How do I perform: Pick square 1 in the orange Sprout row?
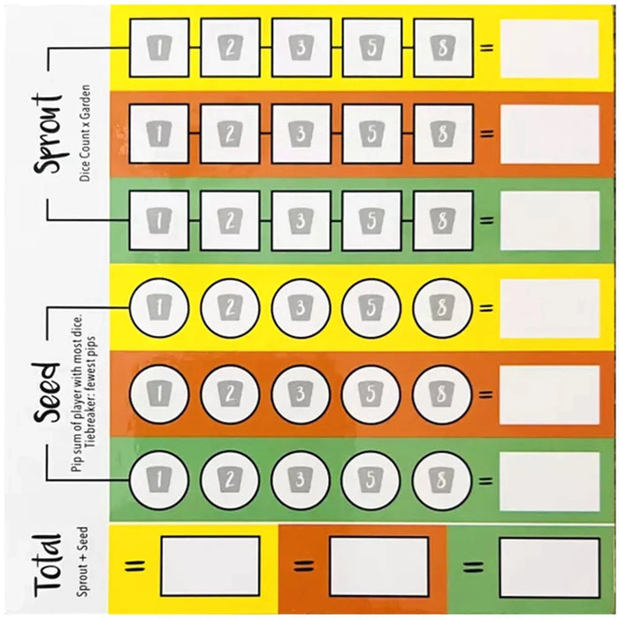coord(159,134)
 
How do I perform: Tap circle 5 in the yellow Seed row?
coord(371,309)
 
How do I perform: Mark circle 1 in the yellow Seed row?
coord(159,309)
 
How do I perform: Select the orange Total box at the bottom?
coord(378,565)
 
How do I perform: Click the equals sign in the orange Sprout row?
coord(485,134)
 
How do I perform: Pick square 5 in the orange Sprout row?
coord(371,134)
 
